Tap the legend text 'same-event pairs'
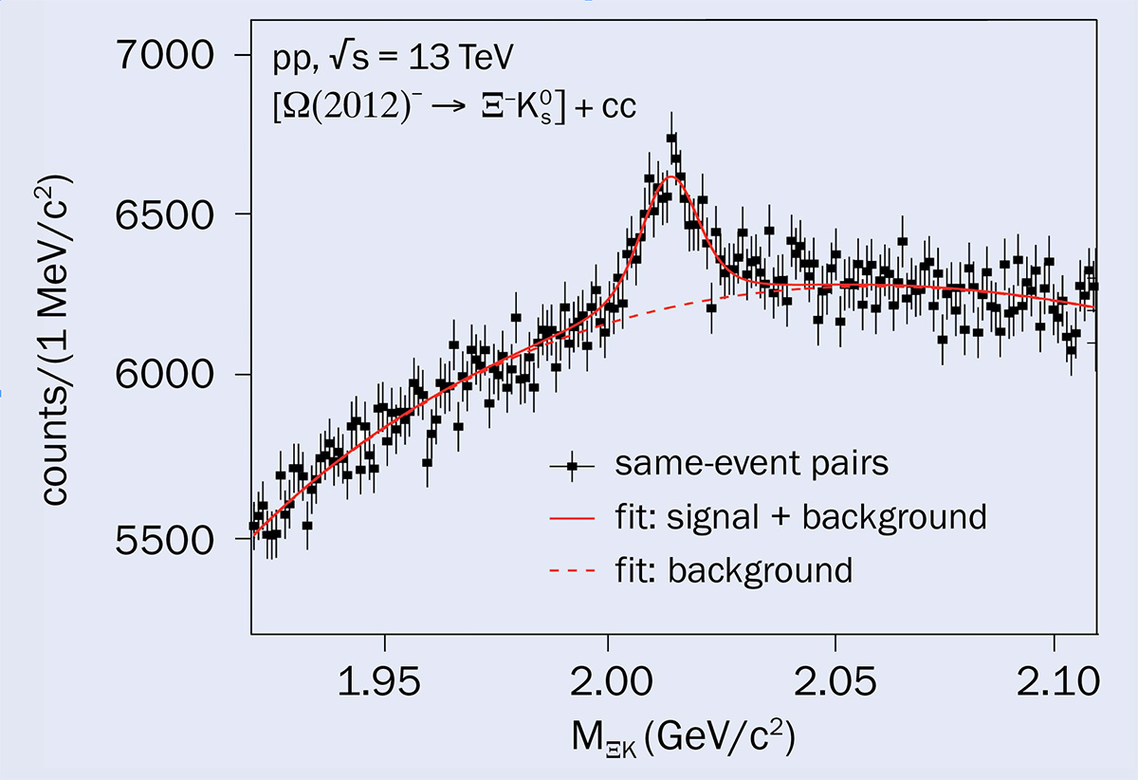tap(751, 464)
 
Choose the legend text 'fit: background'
tap(733, 570)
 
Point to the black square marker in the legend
tap(571, 465)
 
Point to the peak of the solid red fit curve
tap(670, 176)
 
